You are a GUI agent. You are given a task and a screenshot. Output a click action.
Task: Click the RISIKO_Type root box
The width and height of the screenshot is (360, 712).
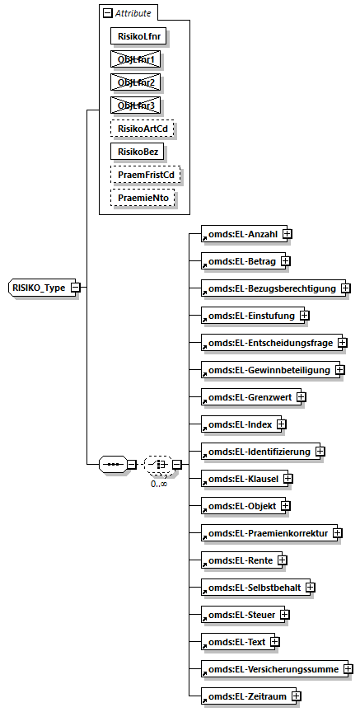(x=39, y=287)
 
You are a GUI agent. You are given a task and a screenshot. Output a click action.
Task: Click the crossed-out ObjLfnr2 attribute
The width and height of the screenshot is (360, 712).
(x=135, y=82)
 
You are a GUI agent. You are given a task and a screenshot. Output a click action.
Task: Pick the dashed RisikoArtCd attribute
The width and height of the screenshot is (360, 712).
(x=144, y=129)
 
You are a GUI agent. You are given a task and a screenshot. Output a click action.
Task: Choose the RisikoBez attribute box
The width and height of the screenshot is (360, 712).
(x=137, y=152)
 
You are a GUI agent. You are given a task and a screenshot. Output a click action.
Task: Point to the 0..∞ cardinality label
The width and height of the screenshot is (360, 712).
(x=159, y=484)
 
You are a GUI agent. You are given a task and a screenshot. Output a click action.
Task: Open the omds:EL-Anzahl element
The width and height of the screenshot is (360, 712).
(x=241, y=233)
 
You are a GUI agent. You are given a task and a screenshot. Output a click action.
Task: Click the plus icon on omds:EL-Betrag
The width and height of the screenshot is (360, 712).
(x=285, y=260)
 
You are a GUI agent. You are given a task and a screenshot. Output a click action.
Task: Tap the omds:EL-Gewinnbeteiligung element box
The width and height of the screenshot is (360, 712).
(x=267, y=369)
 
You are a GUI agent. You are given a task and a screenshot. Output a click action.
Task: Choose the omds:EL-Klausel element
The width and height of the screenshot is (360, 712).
(x=241, y=478)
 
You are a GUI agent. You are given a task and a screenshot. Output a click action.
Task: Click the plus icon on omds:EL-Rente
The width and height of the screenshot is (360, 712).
(x=282, y=560)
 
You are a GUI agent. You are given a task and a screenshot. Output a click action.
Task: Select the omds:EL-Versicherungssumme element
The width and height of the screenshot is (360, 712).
(x=272, y=668)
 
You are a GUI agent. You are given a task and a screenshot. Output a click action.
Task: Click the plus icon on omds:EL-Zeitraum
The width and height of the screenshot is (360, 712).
(x=295, y=696)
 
